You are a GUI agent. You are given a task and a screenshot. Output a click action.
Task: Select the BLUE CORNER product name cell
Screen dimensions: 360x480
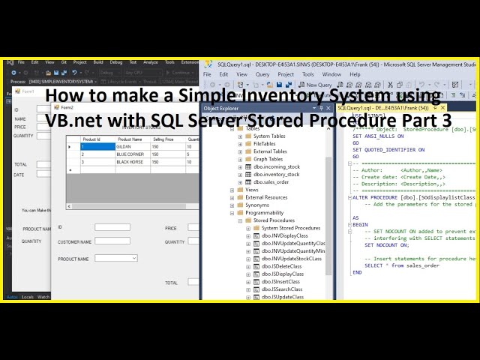(x=131, y=154)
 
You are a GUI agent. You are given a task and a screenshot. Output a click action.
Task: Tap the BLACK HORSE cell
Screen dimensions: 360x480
(x=131, y=162)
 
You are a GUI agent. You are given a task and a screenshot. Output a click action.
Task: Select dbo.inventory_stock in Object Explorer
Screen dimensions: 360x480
(x=275, y=175)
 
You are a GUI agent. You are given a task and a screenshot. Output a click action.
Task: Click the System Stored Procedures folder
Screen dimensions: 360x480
(x=290, y=228)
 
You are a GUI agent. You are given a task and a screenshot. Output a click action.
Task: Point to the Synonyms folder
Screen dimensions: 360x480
(x=257, y=205)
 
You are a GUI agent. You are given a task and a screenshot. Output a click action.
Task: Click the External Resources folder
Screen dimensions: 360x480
(x=266, y=197)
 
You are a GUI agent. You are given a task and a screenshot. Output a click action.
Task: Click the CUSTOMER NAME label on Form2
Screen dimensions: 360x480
(x=74, y=242)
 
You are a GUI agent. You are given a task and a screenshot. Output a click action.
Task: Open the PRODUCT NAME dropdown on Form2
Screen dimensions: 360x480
(x=133, y=258)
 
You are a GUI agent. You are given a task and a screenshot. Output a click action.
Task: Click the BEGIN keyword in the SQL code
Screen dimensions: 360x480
(x=361, y=224)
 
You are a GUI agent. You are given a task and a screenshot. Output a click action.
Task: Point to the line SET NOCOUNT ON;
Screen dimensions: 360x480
(x=387, y=245)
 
